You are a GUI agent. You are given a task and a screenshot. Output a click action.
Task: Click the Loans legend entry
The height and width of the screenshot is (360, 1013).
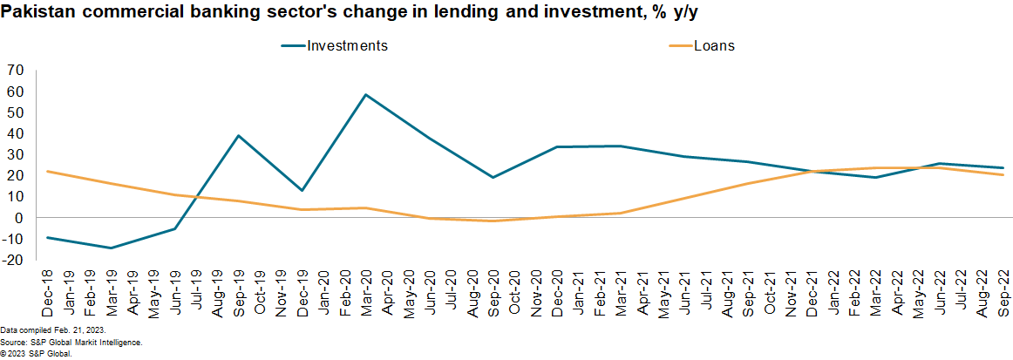[713, 46]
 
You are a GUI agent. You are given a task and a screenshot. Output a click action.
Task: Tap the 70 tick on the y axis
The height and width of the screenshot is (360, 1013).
[15, 70]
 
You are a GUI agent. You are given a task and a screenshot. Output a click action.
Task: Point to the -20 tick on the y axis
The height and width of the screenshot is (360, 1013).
[13, 260]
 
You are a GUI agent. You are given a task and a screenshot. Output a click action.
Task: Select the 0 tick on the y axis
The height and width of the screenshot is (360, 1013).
[18, 218]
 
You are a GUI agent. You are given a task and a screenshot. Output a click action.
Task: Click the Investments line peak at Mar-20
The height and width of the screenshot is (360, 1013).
[365, 94]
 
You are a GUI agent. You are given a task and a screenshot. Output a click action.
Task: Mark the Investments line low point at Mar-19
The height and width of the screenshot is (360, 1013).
[111, 248]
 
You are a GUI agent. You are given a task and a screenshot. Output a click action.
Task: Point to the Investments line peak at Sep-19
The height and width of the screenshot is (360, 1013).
[238, 135]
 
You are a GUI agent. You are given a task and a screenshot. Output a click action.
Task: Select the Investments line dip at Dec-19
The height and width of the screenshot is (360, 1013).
[302, 190]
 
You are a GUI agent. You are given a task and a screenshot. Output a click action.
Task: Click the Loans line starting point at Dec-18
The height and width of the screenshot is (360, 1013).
[47, 171]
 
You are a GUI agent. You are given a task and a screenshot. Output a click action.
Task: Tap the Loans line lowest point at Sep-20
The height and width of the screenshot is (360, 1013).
[493, 221]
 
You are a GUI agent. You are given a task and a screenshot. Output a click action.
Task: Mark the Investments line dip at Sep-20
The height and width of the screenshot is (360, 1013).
[493, 177]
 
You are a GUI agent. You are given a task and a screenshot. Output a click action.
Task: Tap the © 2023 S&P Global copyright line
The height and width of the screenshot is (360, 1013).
[36, 353]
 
